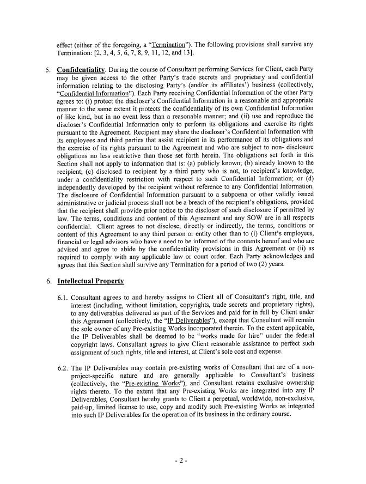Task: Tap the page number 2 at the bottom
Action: click(x=182, y=461)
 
